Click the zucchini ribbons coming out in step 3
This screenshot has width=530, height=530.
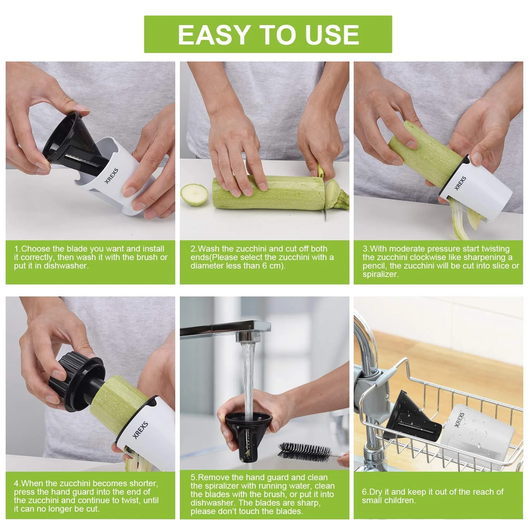pos(466,219)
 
